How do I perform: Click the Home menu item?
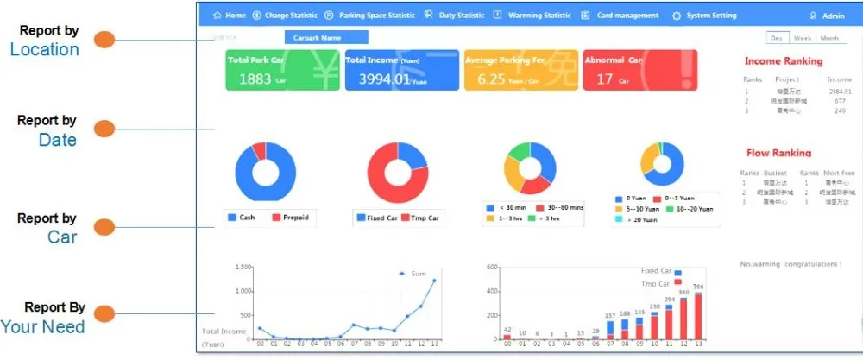click(230, 16)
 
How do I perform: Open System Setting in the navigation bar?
click(705, 16)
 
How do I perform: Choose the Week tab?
click(803, 38)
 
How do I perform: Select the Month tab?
click(828, 38)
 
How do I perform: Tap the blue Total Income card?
click(401, 70)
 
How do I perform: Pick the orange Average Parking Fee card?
click(520, 70)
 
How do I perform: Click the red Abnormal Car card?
click(639, 70)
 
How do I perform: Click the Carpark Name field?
click(326, 38)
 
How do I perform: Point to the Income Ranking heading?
click(784, 61)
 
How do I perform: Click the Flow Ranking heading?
click(778, 153)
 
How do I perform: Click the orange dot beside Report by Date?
click(104, 129)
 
